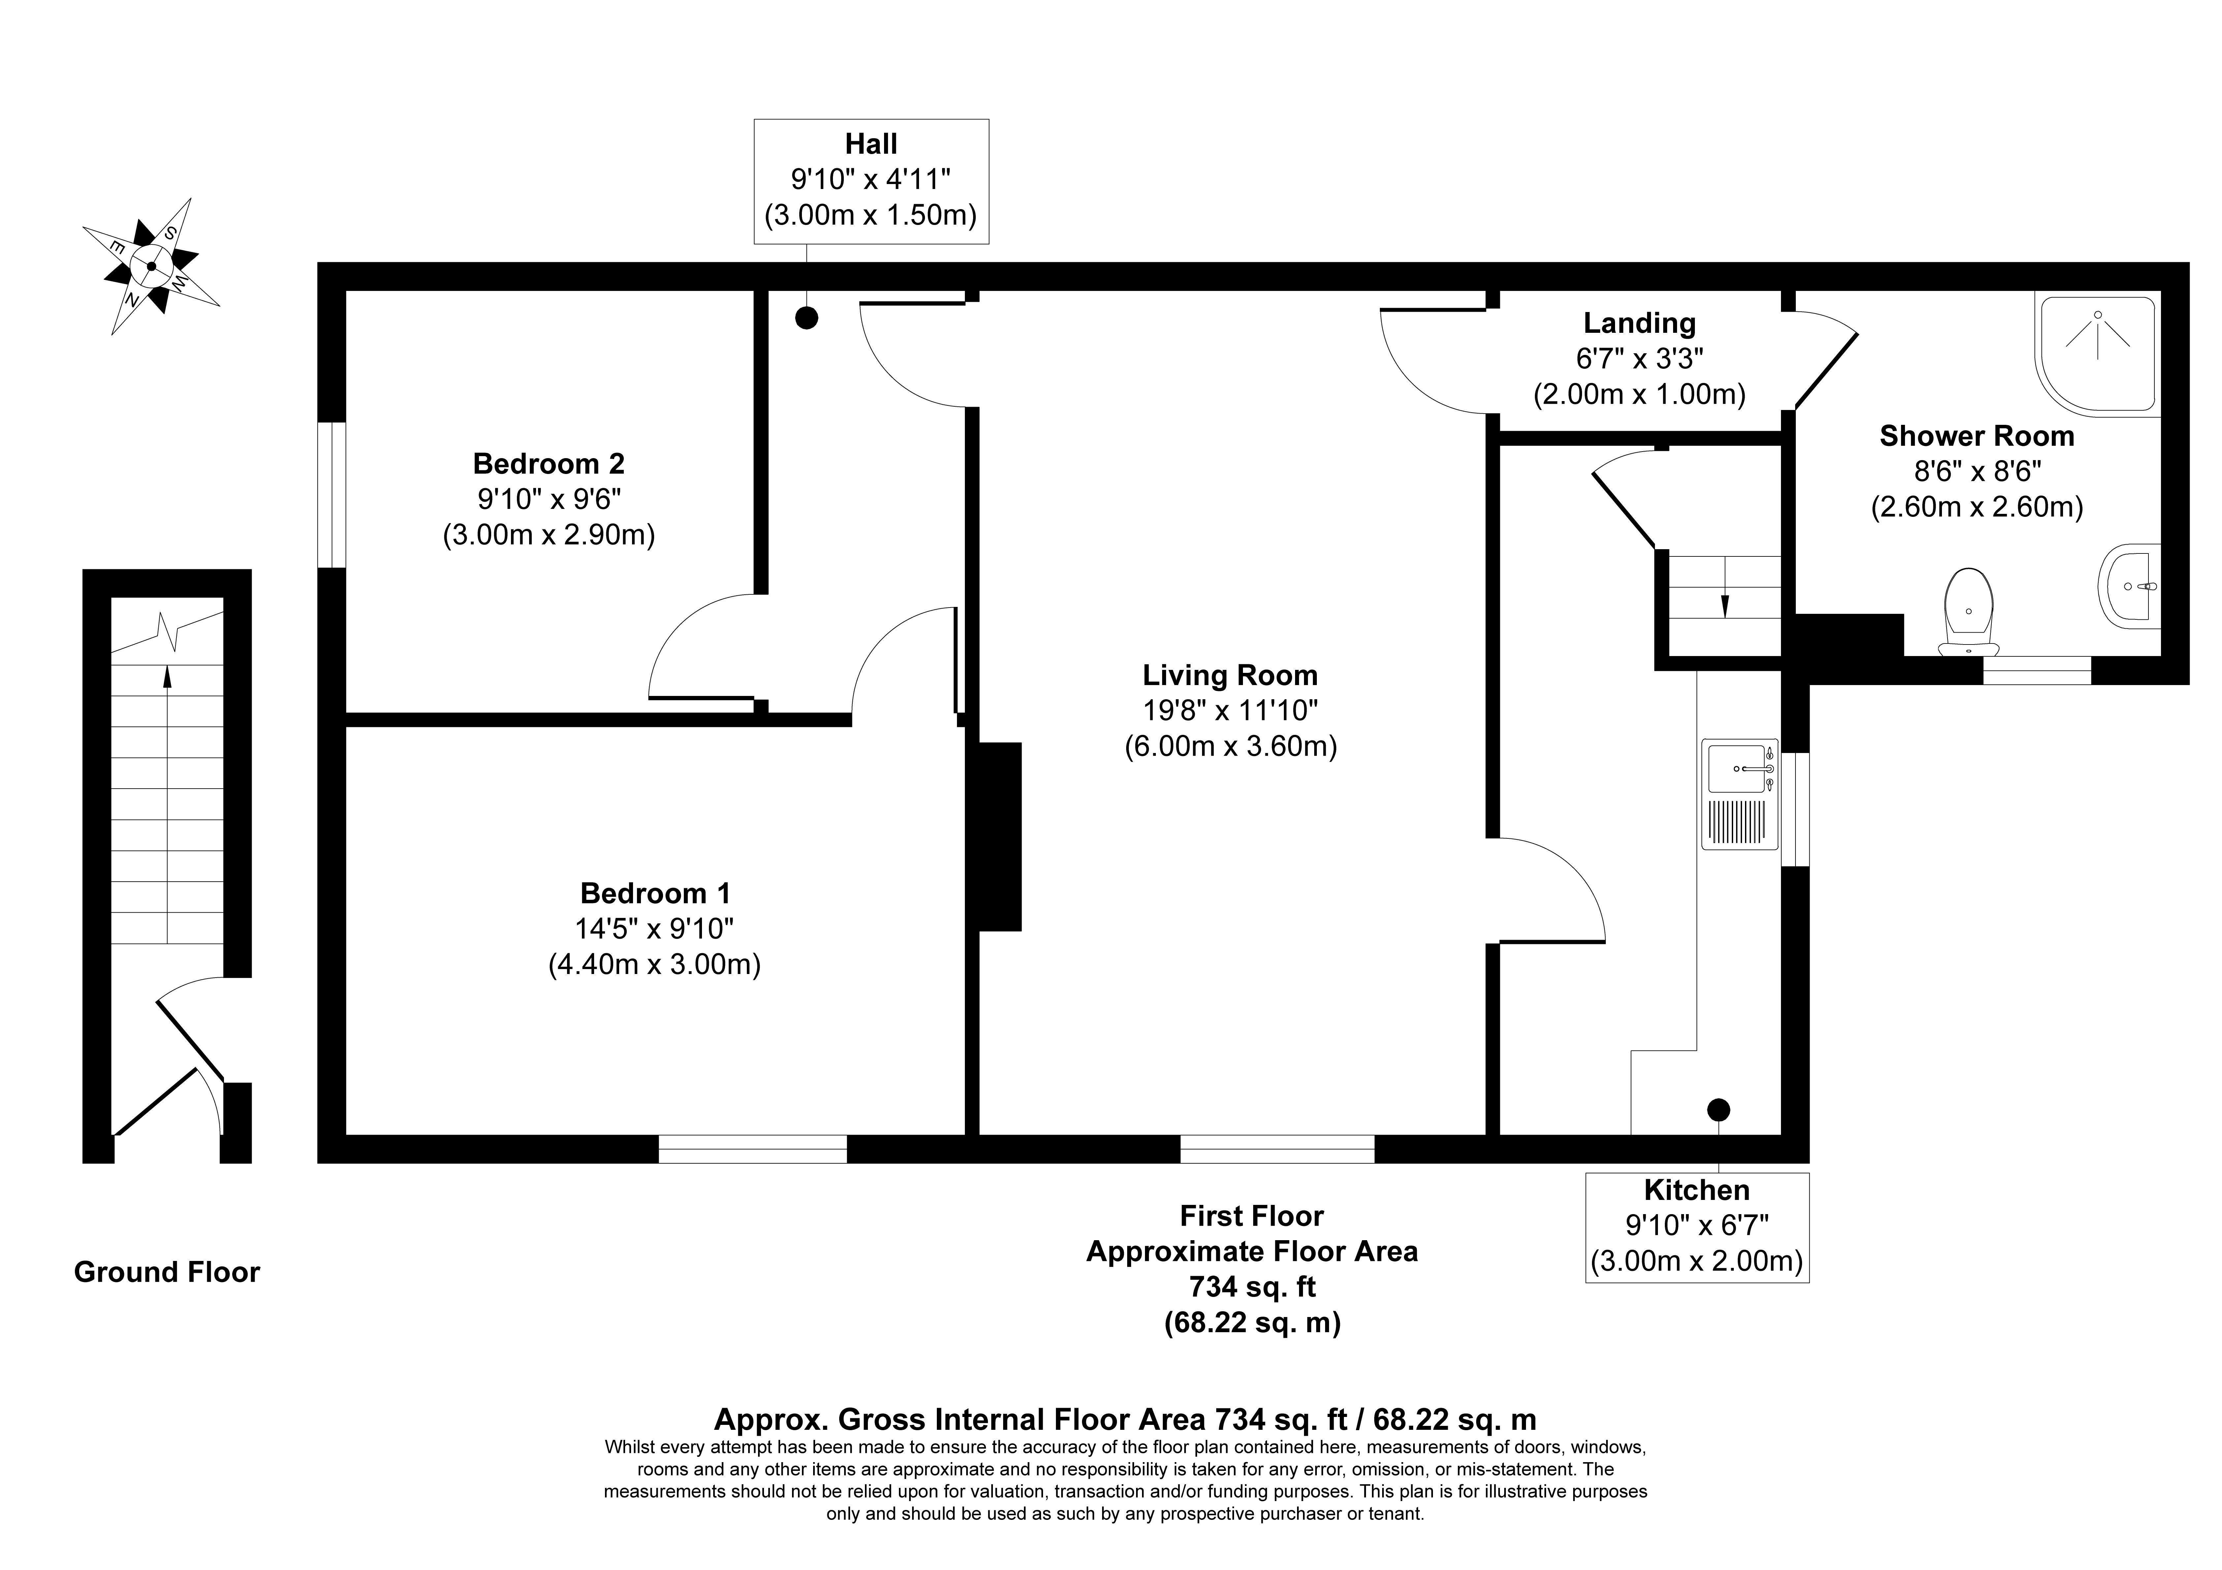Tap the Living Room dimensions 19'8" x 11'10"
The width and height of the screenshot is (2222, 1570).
click(1230, 710)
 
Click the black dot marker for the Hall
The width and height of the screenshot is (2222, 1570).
click(806, 318)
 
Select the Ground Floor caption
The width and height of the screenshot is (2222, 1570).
click(167, 1272)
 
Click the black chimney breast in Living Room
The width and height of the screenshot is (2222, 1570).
click(1000, 836)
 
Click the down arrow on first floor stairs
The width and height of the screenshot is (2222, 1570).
click(1724, 605)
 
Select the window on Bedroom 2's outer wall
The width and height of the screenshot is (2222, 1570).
click(332, 495)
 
